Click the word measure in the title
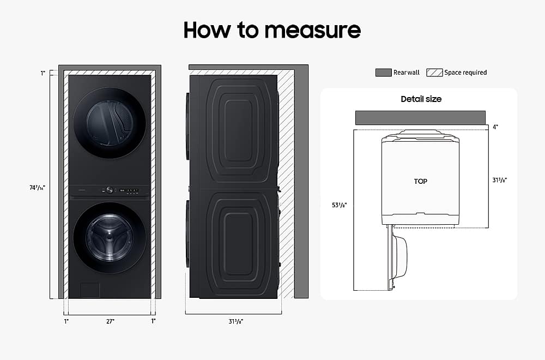coord(312,30)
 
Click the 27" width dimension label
coord(110,321)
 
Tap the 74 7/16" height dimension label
coord(37,188)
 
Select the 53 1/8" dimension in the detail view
coord(339,205)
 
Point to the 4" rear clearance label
coord(495,127)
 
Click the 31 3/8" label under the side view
coord(235,321)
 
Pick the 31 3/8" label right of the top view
coord(499,180)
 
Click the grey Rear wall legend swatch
coord(383,73)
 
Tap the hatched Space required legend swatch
coord(434,73)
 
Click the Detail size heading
coord(421,99)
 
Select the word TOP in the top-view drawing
coord(421,181)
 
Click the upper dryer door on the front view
coord(110,123)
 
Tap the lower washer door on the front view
coord(110,238)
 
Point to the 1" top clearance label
coord(43,73)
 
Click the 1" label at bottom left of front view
coord(66,321)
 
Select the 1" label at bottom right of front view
coord(153,321)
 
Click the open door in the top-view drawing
coord(397,257)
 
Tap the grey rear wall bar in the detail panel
coord(420,118)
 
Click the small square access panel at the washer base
coord(90,290)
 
